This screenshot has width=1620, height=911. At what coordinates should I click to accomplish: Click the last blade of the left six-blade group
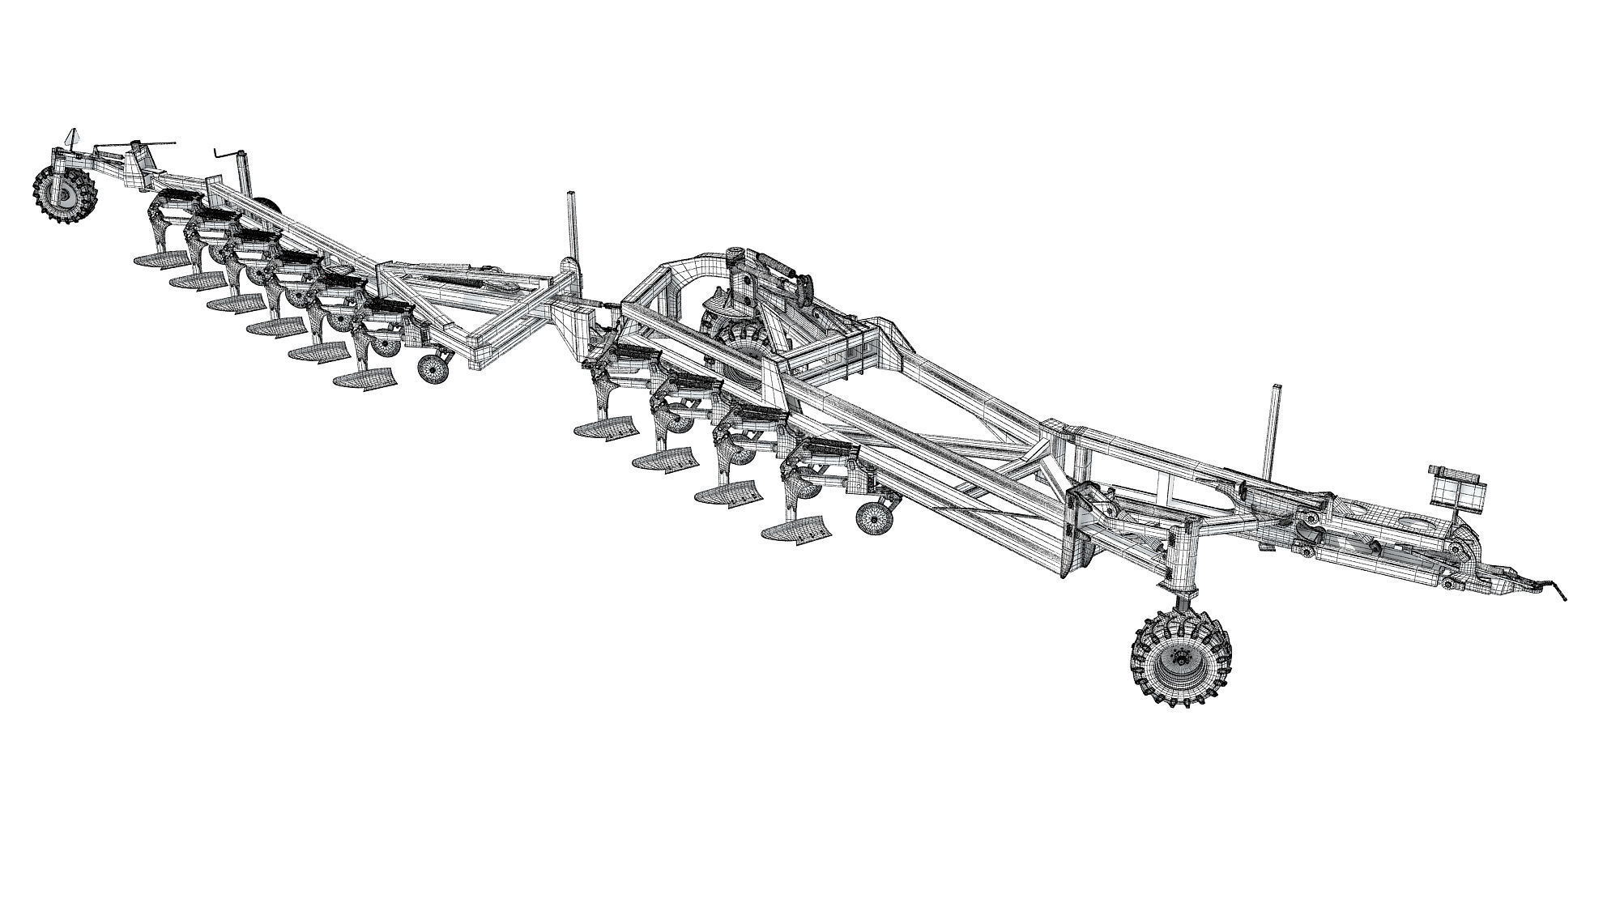(365, 381)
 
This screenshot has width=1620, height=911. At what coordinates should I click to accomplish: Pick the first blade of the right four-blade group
(603, 428)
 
